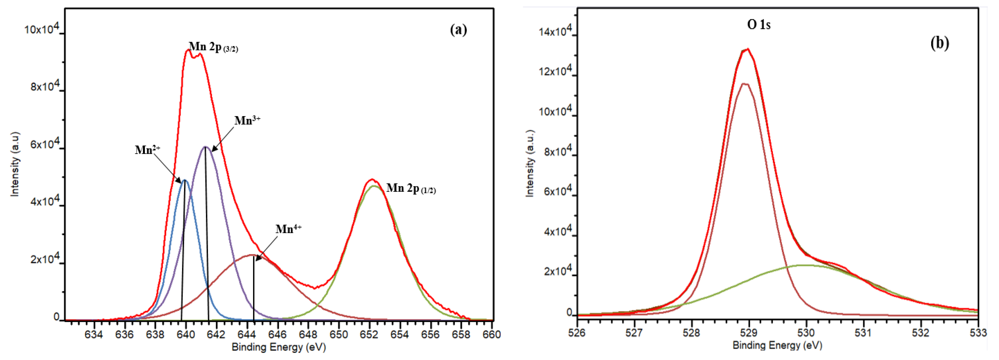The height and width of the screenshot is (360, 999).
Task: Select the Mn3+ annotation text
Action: (247, 120)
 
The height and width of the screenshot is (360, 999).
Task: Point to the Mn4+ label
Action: (288, 229)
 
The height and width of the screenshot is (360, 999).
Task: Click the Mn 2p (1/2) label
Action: (411, 189)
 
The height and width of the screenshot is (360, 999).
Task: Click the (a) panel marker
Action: (458, 30)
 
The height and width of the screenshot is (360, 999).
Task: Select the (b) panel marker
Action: (940, 43)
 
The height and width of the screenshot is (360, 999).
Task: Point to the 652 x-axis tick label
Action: (369, 335)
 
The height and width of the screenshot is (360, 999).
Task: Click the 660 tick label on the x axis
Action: (492, 335)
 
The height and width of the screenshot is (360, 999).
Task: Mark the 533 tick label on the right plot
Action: (978, 333)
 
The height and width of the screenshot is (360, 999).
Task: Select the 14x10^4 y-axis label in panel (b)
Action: (555, 31)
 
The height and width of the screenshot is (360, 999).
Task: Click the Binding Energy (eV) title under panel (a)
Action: (278, 347)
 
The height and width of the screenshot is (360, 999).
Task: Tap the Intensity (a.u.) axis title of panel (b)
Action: (530, 163)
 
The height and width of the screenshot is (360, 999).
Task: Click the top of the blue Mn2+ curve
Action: (185, 180)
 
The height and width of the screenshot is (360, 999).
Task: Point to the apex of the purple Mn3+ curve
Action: (205, 147)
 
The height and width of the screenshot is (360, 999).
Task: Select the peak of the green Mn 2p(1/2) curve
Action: (374, 186)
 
